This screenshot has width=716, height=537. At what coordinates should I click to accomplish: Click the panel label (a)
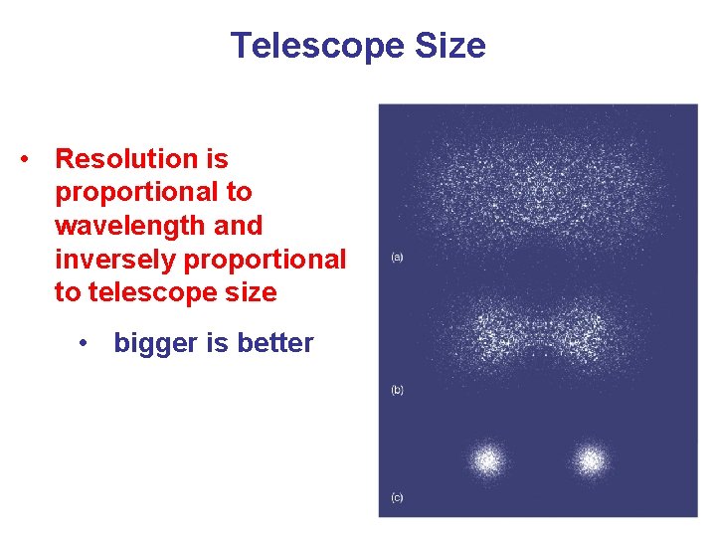coord(397,258)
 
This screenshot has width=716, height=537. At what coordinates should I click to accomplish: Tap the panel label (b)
coord(397,390)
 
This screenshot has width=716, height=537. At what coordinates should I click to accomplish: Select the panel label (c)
coord(397,497)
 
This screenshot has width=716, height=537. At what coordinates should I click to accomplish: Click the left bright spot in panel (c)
coord(487,460)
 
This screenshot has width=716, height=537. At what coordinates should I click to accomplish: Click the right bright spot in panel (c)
coord(591,460)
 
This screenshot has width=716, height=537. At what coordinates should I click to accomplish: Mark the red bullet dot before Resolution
coord(34,159)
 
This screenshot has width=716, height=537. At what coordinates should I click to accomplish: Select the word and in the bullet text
coord(239,226)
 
